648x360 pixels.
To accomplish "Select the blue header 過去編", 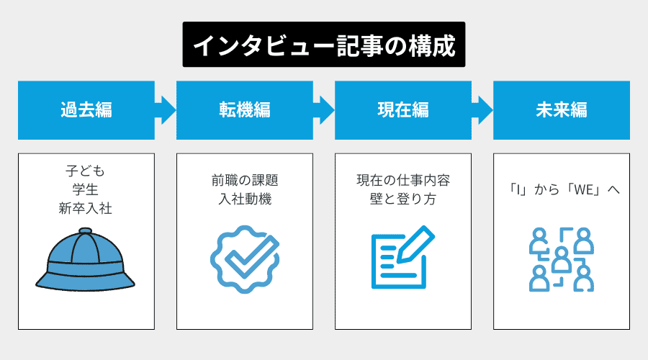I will [x=86, y=110].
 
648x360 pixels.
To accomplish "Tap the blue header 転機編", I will [x=245, y=110].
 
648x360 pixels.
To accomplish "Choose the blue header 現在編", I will [x=403, y=110].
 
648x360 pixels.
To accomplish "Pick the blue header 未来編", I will [x=562, y=110].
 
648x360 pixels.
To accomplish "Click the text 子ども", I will [x=86, y=172].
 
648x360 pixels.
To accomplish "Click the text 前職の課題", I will [x=244, y=180].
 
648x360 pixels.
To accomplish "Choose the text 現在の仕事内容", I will [x=402, y=180].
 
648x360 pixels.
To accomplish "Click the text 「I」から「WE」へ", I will [x=561, y=191].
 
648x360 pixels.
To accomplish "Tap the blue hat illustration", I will [x=86, y=259].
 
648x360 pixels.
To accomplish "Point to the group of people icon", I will [x=561, y=259].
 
